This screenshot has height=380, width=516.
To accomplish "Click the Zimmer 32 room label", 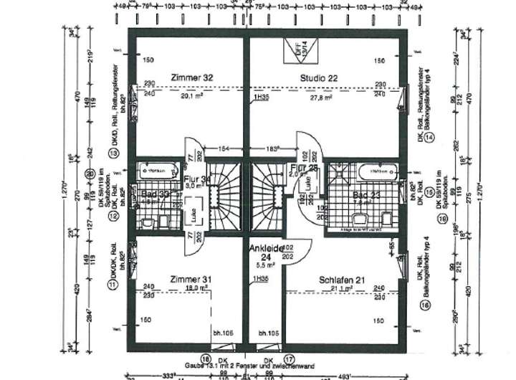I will coord(192,77).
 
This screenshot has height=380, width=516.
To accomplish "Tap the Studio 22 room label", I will coord(324,77).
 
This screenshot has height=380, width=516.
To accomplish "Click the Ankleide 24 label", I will coord(267,253).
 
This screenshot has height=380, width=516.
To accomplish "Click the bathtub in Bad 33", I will coord(158,171).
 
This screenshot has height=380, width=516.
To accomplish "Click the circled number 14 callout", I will coord(429,137).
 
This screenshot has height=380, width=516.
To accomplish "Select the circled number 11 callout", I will coord(112,285).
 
